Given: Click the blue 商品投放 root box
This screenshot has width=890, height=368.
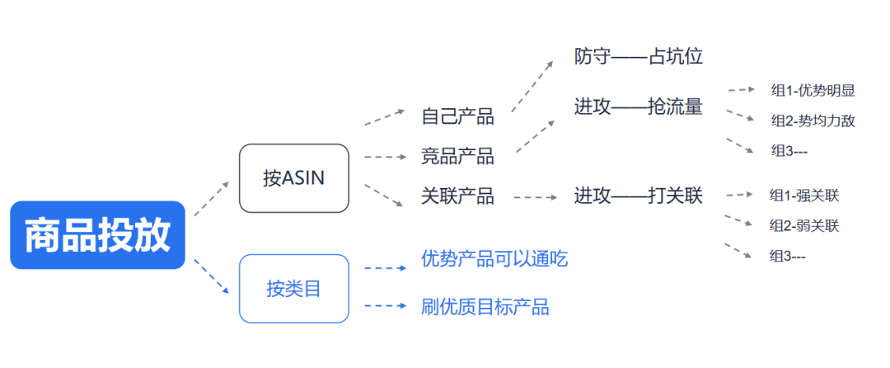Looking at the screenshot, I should pos(97,235).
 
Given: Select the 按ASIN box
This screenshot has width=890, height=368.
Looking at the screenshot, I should pos(293,178).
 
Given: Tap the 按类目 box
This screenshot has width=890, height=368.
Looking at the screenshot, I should pos(293,289).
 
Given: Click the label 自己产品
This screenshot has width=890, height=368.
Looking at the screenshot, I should pos(457,116).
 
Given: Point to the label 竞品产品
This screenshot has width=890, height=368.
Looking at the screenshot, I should pos(457,156).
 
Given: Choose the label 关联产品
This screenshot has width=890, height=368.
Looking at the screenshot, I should pos(457,196).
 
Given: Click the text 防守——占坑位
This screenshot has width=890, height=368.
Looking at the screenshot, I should pos(638,57).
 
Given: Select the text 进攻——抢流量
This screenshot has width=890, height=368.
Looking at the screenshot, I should pos(638,106).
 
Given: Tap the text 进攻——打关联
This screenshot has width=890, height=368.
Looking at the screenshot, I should pos(638,196).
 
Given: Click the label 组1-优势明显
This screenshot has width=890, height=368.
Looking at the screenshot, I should pos(813,90).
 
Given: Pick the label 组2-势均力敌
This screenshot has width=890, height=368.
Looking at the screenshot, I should pos(813,120).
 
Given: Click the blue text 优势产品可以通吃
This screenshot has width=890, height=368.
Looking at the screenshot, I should pos(494,259).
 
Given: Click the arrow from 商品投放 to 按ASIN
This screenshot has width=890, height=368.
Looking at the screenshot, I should pos(212,198).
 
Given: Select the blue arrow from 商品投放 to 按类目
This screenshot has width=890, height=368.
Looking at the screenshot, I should pos(212,276).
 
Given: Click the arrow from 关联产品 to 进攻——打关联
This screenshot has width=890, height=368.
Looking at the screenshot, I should pos(535,197).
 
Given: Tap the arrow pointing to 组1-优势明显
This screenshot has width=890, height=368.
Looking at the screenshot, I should pos(742,90).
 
